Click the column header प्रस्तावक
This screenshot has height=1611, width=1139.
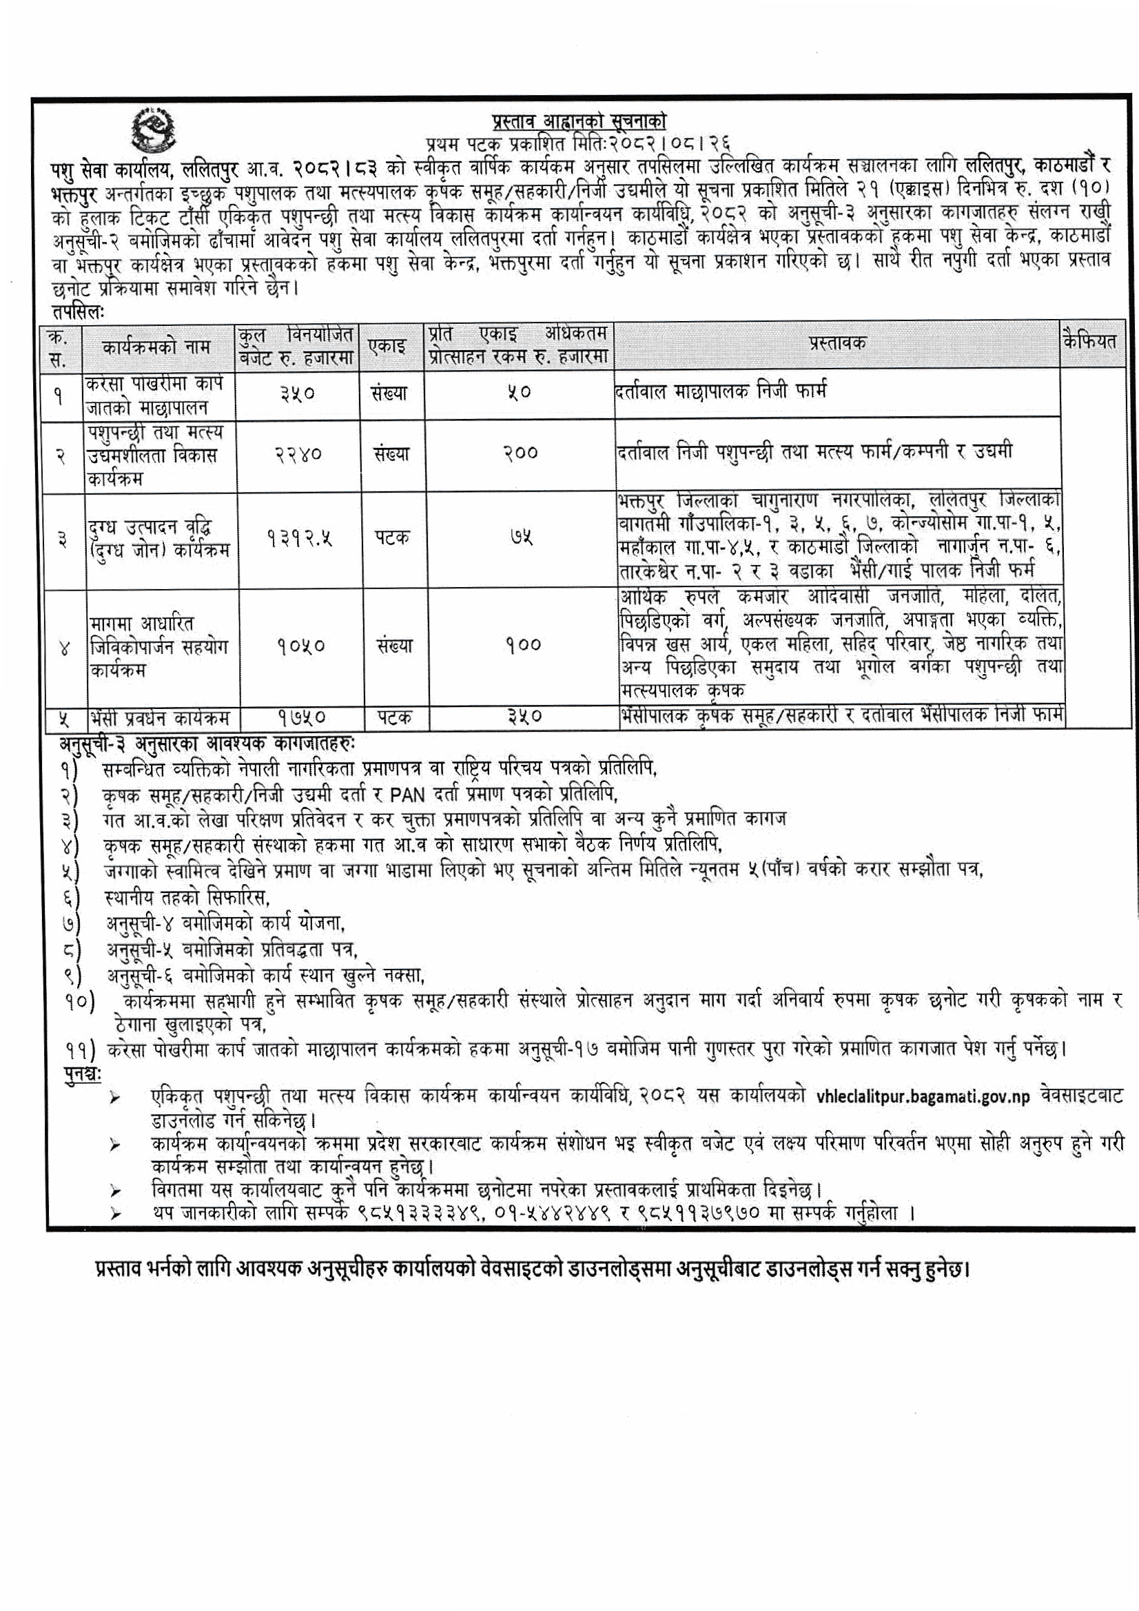(x=837, y=343)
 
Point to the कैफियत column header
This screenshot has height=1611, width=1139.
(x=1089, y=341)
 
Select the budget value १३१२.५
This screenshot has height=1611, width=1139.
(x=299, y=538)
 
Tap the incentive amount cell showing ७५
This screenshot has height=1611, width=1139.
(x=520, y=537)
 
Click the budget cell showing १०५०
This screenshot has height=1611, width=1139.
(x=300, y=646)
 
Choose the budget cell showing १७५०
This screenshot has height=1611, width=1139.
(x=300, y=717)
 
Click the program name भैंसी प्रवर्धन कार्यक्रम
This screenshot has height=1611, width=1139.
(x=159, y=717)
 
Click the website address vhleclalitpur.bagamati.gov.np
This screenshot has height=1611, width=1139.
(x=923, y=1096)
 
